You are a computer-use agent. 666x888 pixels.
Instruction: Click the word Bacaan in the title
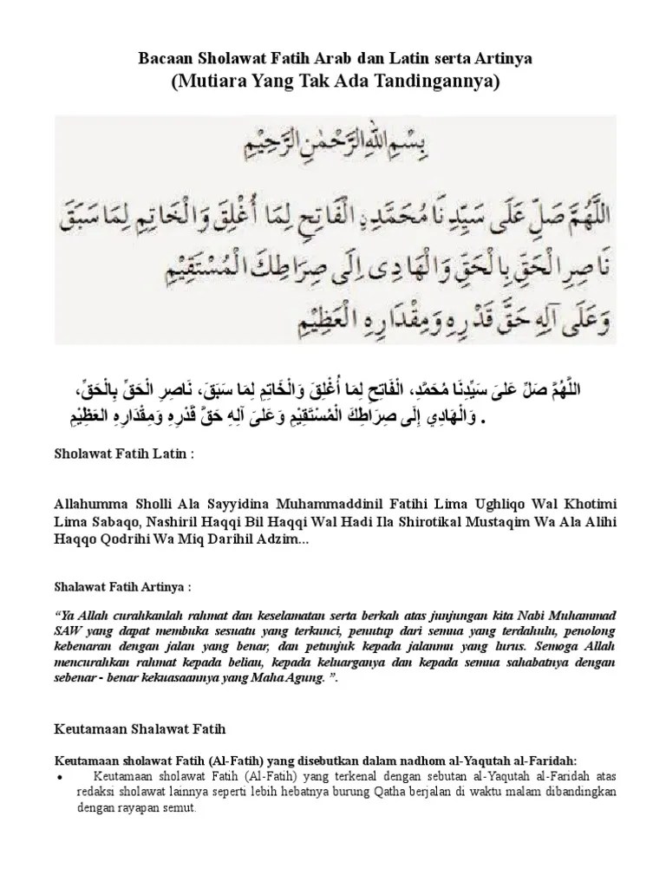(x=166, y=60)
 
